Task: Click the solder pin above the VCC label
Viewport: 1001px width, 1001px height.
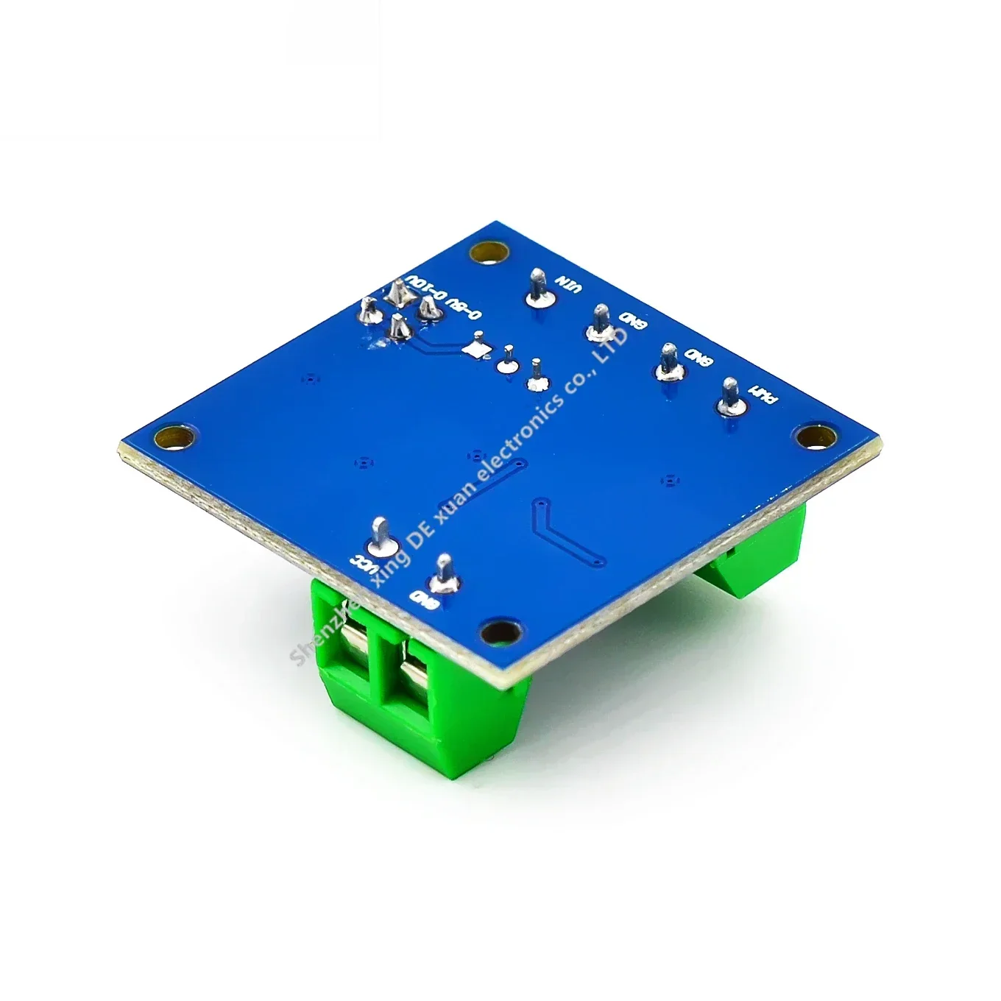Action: (382, 537)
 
